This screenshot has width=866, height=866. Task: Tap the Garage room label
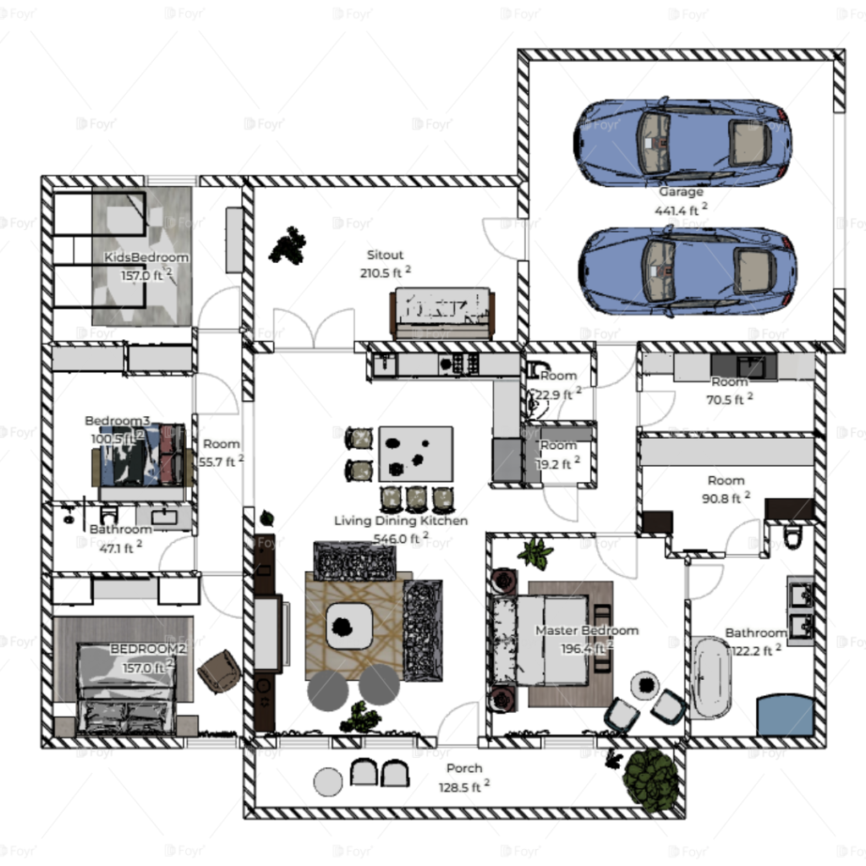point(681,192)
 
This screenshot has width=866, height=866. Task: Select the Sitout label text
point(385,255)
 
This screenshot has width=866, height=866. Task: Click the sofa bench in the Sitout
point(442,312)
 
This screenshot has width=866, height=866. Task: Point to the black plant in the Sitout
point(288,245)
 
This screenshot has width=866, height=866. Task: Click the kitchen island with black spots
point(415,454)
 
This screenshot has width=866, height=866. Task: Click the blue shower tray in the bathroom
point(785,715)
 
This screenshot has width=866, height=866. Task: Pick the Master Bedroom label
point(587,630)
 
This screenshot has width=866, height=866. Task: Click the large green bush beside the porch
point(650,779)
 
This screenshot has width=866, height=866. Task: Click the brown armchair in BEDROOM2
point(220,671)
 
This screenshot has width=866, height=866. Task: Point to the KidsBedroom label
point(146,257)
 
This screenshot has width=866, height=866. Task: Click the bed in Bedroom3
point(140,457)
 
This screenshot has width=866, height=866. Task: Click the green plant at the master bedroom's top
point(534,554)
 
